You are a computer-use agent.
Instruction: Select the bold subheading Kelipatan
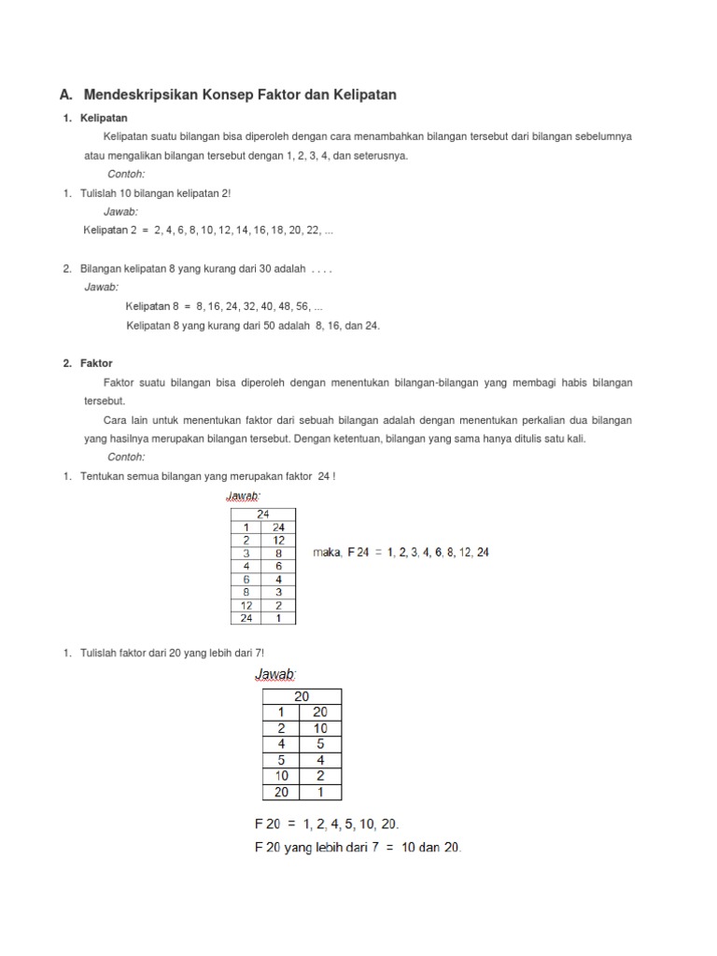pos(105,119)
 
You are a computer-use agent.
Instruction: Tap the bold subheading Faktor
pos(96,363)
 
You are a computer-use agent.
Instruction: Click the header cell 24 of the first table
pos(262,513)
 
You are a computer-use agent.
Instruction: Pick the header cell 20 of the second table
pos(302,696)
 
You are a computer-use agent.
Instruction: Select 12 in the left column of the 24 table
pos(246,605)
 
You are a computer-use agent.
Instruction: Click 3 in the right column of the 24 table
pos(278,592)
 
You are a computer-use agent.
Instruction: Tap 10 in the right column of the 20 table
pos(320,728)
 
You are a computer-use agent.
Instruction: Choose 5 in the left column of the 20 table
pos(281,760)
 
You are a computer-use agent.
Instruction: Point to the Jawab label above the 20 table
pos(275,674)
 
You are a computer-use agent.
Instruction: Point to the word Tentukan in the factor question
pos(105,476)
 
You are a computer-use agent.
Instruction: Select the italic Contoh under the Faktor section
pos(126,457)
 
